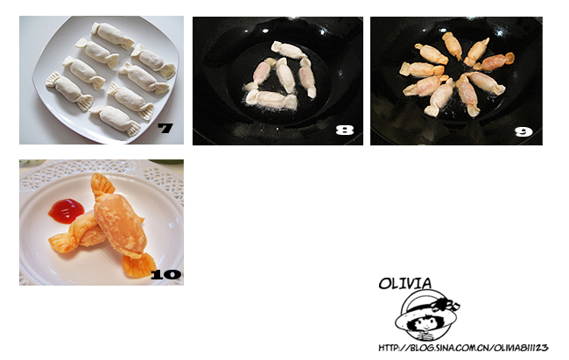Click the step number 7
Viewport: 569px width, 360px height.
point(165,128)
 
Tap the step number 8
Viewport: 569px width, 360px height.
point(344,130)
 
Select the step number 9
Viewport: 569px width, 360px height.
point(523,131)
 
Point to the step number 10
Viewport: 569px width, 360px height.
point(165,275)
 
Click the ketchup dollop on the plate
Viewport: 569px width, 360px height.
point(66,211)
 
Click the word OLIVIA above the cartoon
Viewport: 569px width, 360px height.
point(405,284)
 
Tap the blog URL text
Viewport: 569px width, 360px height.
point(463,348)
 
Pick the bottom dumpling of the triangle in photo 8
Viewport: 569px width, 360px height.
point(271,99)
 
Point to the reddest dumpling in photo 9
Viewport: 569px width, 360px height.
point(494,61)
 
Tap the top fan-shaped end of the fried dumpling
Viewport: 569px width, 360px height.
point(102,185)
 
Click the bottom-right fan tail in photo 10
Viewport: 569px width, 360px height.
point(138,265)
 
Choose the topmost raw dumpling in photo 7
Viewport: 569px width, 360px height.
point(113,36)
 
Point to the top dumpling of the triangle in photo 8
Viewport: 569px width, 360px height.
point(289,50)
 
